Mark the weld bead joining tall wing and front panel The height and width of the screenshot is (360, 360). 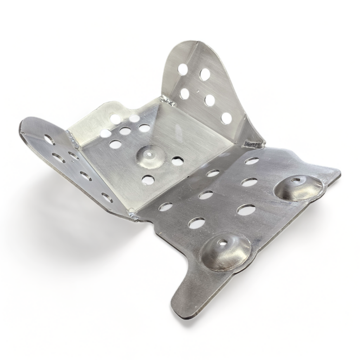tap(255, 143)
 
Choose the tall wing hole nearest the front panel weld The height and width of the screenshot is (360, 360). tap(226, 118)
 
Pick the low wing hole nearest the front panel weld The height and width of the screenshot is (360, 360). tap(107, 197)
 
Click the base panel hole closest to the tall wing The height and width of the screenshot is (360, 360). tap(178, 161)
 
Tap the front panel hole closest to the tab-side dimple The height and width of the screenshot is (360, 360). tap(197, 223)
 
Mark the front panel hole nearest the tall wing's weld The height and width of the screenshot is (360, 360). tap(251, 161)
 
